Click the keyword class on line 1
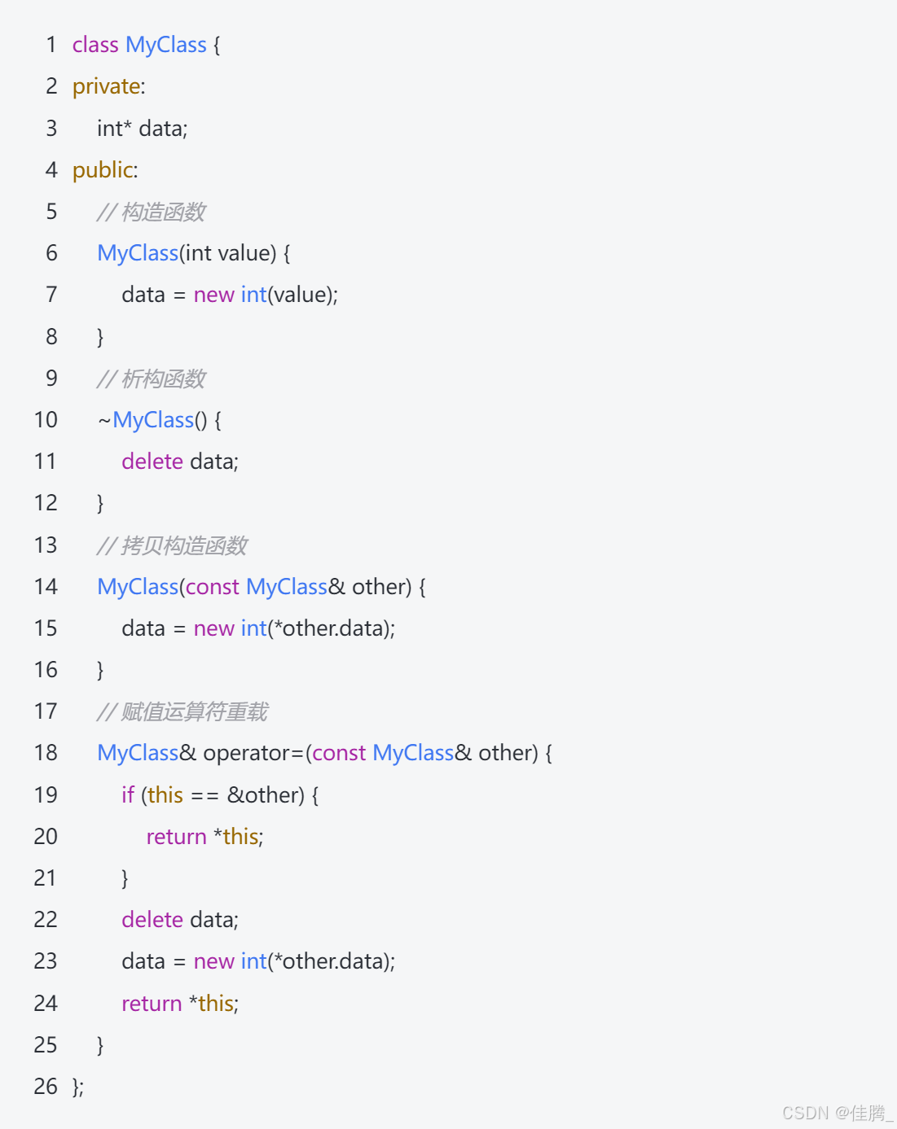pyautogui.click(x=95, y=45)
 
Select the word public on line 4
pyautogui.click(x=103, y=170)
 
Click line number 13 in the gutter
pyautogui.click(x=46, y=545)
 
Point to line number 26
pyautogui.click(x=46, y=1086)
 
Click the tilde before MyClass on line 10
pyautogui.click(x=104, y=421)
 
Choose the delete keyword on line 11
pyautogui.click(x=152, y=462)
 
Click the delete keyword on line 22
pyautogui.click(x=152, y=920)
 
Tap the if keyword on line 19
pyautogui.click(x=128, y=794)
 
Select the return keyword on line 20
pyautogui.click(x=176, y=837)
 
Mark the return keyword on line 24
pyautogui.click(x=152, y=1004)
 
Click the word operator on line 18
pyautogui.click(x=247, y=753)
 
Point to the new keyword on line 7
pyautogui.click(x=214, y=295)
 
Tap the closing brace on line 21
pyautogui.click(x=125, y=878)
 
